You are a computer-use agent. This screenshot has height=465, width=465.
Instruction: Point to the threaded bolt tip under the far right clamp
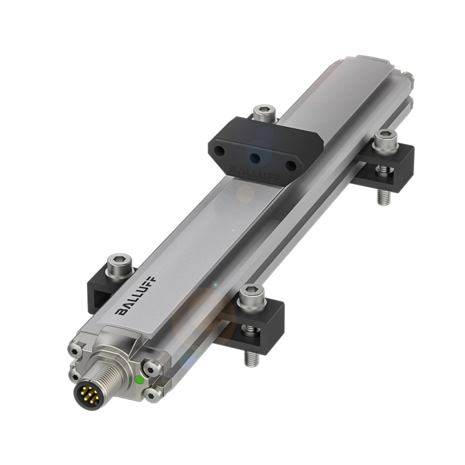pos(382,196)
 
